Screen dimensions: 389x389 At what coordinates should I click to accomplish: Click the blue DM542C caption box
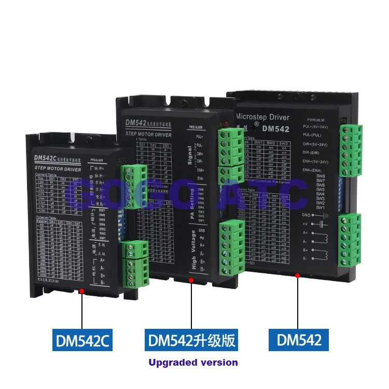[x=82, y=340]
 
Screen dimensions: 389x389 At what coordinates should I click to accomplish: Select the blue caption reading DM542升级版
[x=191, y=340]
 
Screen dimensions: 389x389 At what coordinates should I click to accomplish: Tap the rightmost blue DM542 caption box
[x=299, y=340]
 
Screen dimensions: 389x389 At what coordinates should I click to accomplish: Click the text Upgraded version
[x=193, y=363]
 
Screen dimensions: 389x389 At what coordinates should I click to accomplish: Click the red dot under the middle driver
[x=191, y=280]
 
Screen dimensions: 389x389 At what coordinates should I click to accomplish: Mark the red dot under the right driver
[x=297, y=275]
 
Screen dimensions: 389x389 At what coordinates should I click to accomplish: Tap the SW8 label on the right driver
[x=320, y=176]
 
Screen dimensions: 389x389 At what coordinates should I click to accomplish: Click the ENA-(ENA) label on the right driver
[x=313, y=170]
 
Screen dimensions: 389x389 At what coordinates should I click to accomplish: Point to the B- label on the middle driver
[x=202, y=269]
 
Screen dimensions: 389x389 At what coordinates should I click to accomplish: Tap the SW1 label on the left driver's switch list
[x=102, y=238]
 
